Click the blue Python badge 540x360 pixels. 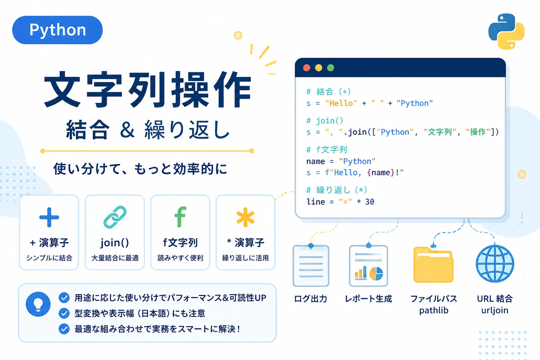click(57, 30)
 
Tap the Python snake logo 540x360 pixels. click(506, 32)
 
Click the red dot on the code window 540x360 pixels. click(307, 68)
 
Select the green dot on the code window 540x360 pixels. click(330, 68)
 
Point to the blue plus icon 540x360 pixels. click(49, 217)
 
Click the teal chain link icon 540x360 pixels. click(115, 217)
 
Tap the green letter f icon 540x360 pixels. click(180, 217)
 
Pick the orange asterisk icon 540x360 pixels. click(245, 217)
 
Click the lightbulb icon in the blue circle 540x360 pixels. click(38, 304)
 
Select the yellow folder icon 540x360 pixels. click(433, 264)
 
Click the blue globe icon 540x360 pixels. click(495, 264)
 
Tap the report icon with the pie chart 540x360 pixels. click(368, 266)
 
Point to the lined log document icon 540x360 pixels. click(311, 266)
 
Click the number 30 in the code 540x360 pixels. click(369, 201)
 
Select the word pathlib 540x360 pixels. click(434, 310)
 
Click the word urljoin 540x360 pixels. click(495, 310)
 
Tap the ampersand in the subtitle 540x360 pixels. click(127, 130)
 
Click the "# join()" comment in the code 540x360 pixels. click(325, 121)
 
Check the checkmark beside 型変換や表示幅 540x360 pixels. click(64, 313)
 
